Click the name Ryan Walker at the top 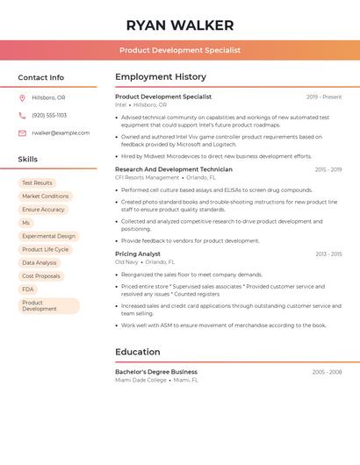pos(180,25)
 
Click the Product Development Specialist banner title pos(180,51)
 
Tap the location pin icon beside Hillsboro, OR pos(22,97)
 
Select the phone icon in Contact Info pos(22,115)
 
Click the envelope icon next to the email pos(22,132)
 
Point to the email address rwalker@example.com pos(61,132)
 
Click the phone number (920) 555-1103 pos(49,115)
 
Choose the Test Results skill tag pos(37,182)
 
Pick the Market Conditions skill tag pos(45,196)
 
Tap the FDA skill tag pos(28,289)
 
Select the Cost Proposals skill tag pos(41,275)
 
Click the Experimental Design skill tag pos(48,236)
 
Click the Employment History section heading pos(160,77)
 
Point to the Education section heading pos(137,352)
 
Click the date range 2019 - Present pos(324,97)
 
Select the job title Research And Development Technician pos(174,169)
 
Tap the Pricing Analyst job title pos(138,254)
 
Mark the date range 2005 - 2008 pos(327,372)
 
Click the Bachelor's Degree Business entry pos(156,372)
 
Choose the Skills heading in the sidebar pos(28,160)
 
